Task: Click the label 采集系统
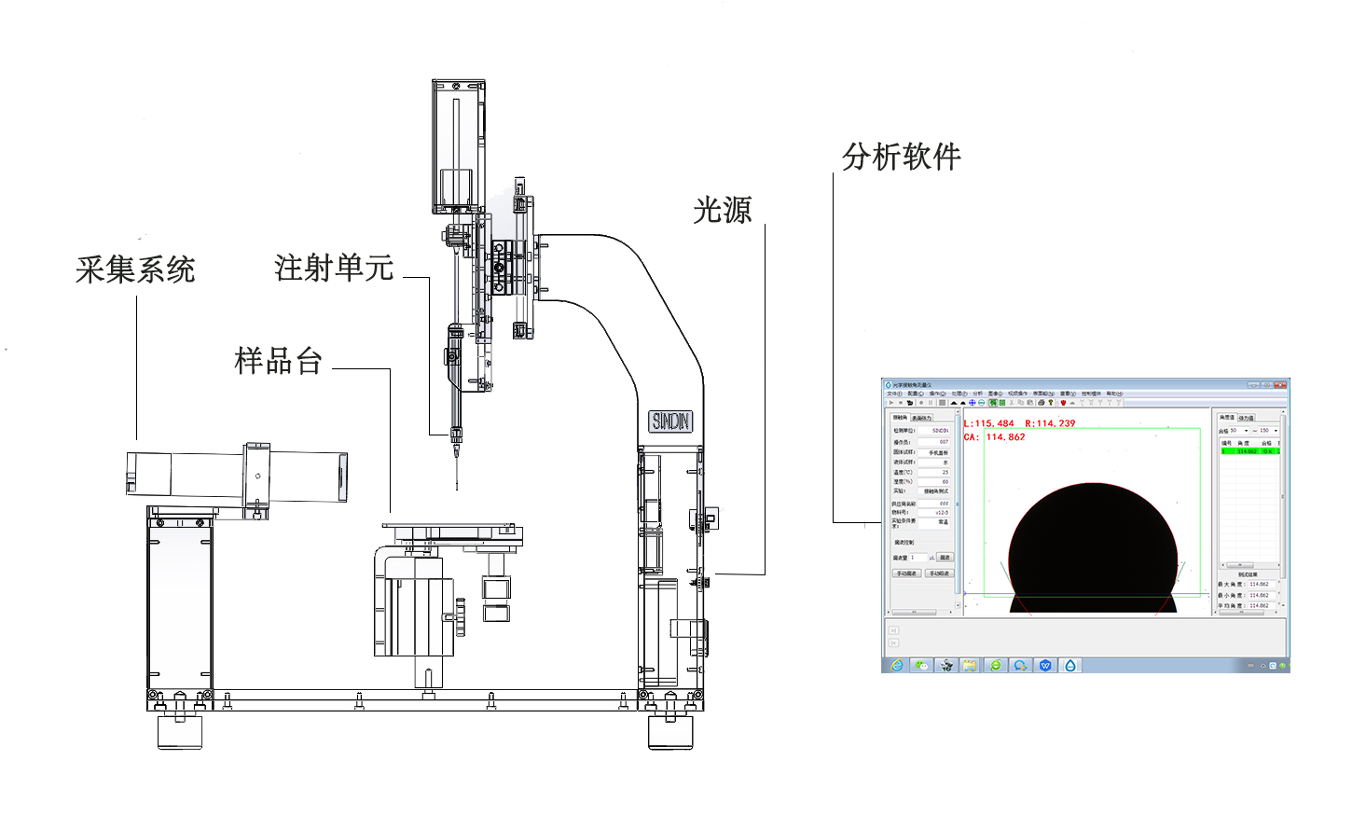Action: click(x=135, y=269)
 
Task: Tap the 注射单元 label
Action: click(x=334, y=268)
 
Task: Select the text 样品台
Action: click(x=278, y=360)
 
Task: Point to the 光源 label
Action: click(x=722, y=210)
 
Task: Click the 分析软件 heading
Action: click(x=901, y=157)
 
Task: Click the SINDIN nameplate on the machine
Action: click(x=670, y=421)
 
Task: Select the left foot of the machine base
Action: click(x=179, y=731)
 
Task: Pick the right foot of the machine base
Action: click(x=669, y=731)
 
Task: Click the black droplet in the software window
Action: click(x=1092, y=550)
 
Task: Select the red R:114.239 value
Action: click(x=1050, y=423)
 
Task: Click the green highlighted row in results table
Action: click(x=1249, y=451)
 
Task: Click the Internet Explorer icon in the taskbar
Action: click(x=897, y=665)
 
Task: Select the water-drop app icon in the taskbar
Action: click(x=1070, y=665)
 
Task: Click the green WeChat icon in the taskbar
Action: click(x=921, y=665)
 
